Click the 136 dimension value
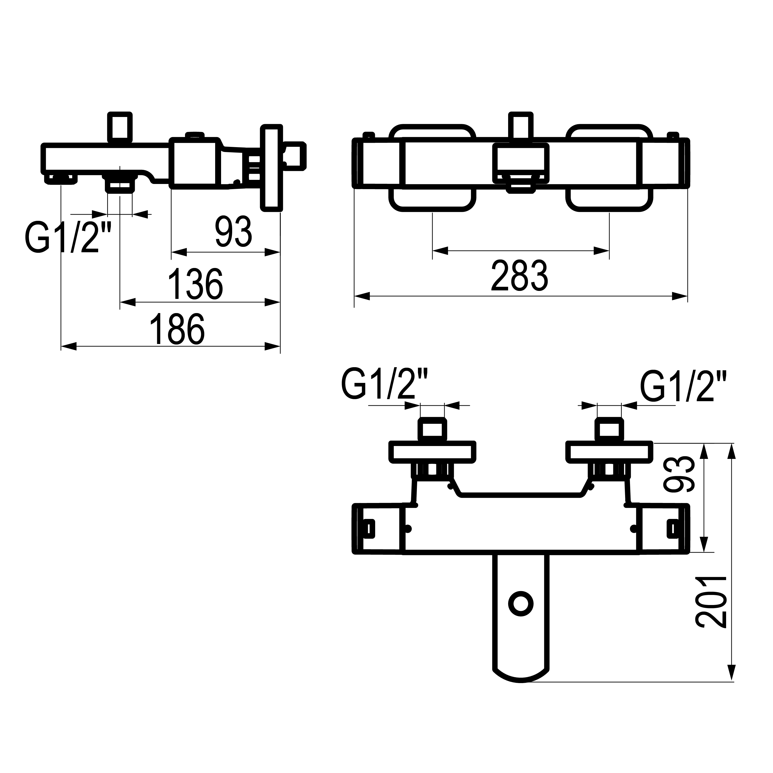(195, 284)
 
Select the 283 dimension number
(519, 276)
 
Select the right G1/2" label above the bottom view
(677, 387)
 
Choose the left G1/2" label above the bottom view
(385, 384)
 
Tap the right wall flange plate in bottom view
(609, 452)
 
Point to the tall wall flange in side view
(272, 168)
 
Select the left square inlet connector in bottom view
(432, 430)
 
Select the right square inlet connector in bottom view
(609, 430)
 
